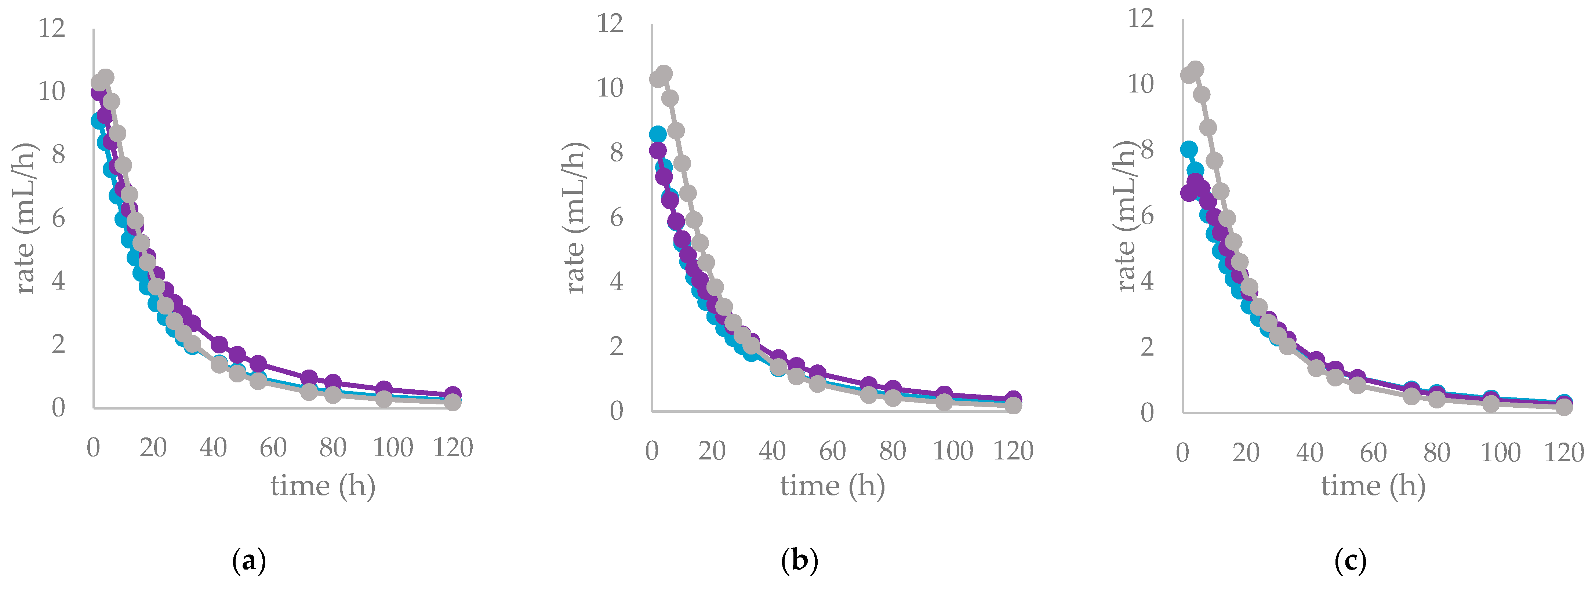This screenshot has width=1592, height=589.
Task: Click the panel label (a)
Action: tap(249, 561)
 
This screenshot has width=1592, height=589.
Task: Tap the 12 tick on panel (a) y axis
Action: tap(52, 28)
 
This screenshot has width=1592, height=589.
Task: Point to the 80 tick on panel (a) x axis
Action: tap(332, 447)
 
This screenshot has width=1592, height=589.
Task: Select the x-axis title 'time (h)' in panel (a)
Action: tap(323, 486)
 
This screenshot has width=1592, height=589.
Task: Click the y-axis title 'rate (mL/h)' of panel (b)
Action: tap(575, 218)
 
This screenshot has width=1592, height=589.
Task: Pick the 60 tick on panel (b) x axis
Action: tap(832, 451)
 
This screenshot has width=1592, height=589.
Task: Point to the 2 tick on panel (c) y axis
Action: tap(1147, 347)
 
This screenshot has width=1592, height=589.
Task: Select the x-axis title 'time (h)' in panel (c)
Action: tap(1373, 486)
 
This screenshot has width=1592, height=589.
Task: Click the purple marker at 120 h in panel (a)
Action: tap(452, 394)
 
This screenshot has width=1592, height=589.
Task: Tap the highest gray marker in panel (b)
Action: tap(664, 73)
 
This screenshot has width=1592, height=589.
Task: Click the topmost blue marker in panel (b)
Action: tap(658, 134)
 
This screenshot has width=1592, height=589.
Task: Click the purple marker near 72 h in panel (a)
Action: tap(309, 378)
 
